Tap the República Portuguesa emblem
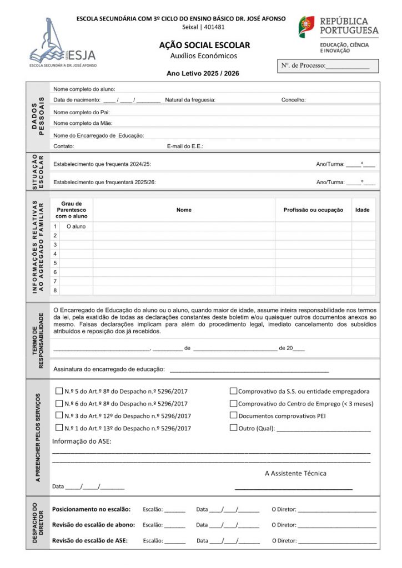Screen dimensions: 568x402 coord(306,27)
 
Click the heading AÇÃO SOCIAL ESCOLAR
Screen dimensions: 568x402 coord(204,45)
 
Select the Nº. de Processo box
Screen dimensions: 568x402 coord(328,66)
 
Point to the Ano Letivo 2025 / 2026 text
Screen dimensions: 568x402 coord(203,73)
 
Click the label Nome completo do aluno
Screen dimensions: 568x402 coord(84,89)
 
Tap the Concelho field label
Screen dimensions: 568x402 coord(293,100)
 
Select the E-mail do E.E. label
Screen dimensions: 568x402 coord(185,146)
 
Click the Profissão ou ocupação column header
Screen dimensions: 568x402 coord(313,210)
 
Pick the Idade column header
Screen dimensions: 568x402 coord(362,210)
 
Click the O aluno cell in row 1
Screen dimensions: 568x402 coord(76,226)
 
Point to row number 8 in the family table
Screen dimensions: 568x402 coord(55,290)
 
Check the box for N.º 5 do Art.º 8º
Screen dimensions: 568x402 coord(59,391)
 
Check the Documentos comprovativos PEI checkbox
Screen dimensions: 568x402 coord(234,415)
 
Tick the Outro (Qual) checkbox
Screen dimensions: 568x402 coord(234,428)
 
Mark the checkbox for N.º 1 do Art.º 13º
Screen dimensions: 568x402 coord(59,428)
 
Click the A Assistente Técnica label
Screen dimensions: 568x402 coord(295,473)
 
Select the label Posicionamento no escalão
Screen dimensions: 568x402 coord(91,509)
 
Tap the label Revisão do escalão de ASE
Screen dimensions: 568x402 coord(89,540)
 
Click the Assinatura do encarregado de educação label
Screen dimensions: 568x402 coord(109,369)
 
